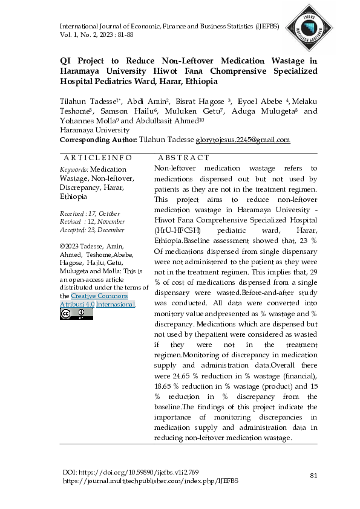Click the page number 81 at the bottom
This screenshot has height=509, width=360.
pos(313,476)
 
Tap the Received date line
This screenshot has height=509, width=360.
pos(90,214)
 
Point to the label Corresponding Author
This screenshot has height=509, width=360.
pos(98,140)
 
